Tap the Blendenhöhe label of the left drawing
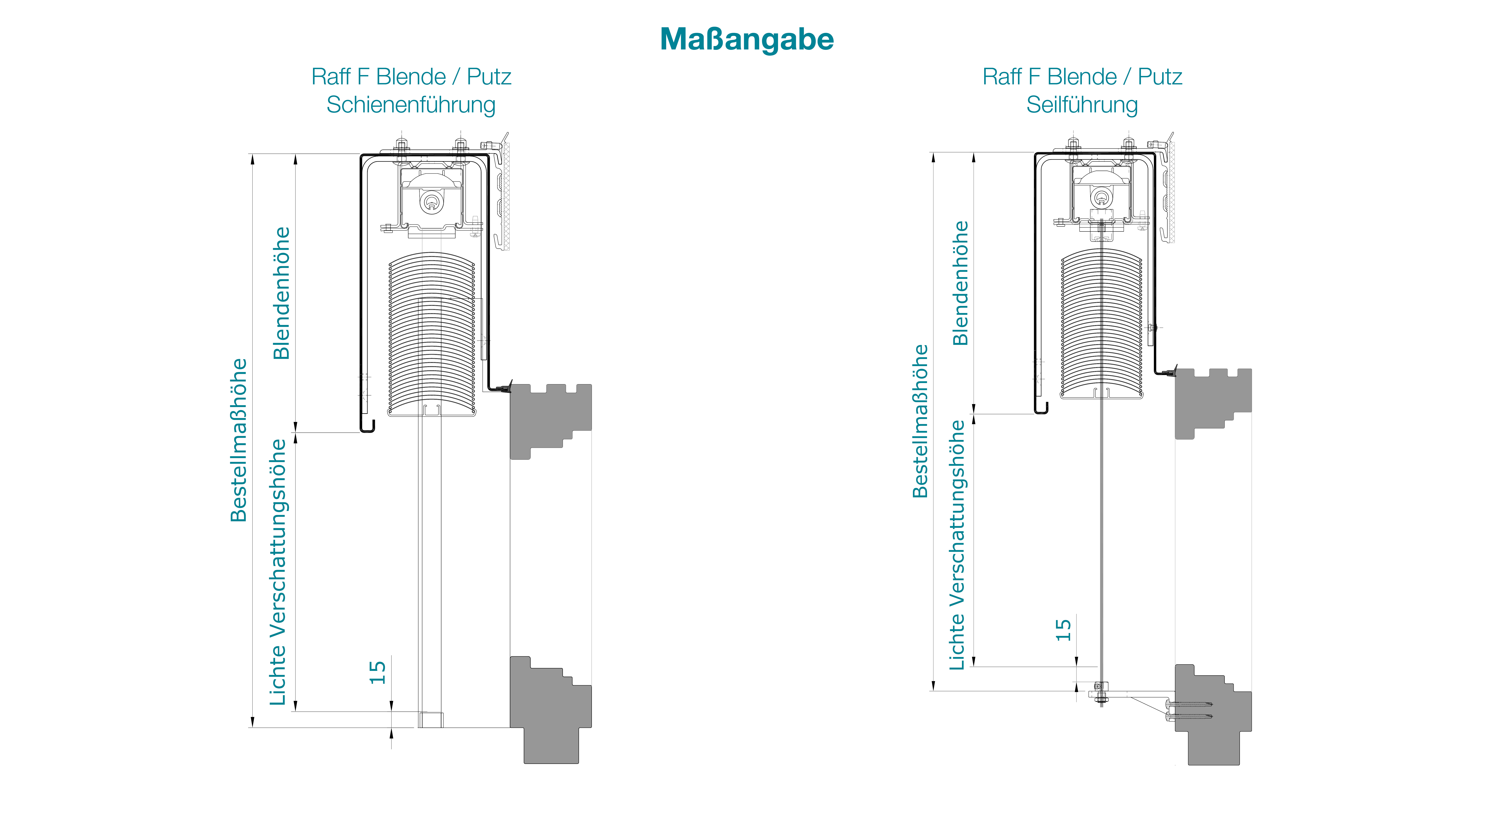click(281, 293)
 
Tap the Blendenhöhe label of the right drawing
click(960, 283)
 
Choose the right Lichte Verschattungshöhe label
click(957, 545)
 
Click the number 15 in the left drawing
click(378, 672)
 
